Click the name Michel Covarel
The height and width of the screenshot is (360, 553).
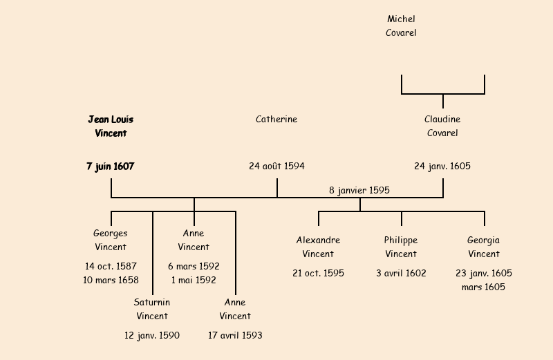(401, 26)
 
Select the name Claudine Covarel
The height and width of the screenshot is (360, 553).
(442, 126)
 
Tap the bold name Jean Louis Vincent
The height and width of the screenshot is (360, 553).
(111, 126)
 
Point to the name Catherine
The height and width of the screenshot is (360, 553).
(276, 119)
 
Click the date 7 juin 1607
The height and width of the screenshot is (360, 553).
(111, 166)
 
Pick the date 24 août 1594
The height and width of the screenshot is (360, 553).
(276, 166)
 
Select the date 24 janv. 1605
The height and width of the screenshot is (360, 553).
(442, 166)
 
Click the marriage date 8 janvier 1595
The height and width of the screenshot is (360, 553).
(359, 190)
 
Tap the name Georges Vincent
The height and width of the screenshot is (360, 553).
(111, 240)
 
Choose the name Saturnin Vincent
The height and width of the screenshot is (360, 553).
(152, 309)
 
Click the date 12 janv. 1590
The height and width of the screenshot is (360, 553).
(152, 335)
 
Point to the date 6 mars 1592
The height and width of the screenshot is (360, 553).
(194, 266)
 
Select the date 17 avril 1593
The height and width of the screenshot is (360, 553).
(235, 335)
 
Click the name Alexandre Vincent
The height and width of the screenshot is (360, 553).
(318, 247)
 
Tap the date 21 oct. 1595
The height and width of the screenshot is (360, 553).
(318, 273)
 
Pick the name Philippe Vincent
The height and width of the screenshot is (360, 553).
(401, 247)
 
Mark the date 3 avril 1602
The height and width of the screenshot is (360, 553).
(401, 273)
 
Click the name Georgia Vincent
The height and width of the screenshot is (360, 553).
(484, 247)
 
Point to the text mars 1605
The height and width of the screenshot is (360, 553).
(484, 287)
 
